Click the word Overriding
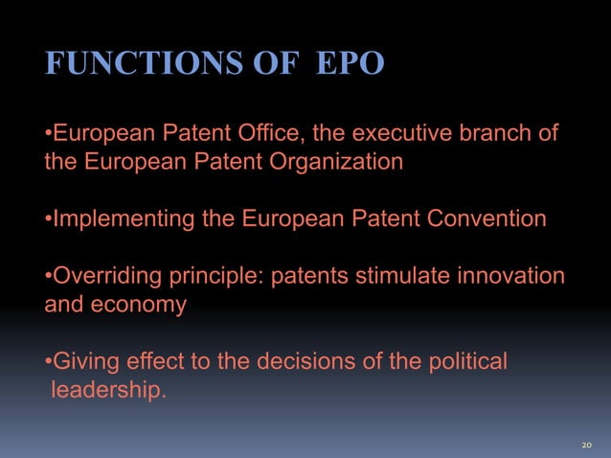[x=105, y=277]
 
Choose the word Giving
[x=83, y=363]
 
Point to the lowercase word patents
[x=311, y=278]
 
